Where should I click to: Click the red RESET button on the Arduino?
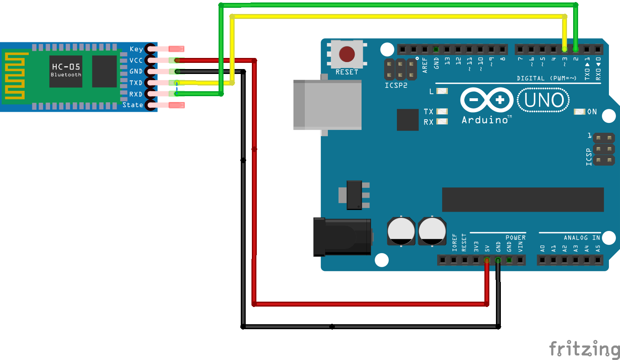(347, 54)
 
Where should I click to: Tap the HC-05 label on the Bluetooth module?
(66, 67)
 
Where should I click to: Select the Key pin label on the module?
(136, 49)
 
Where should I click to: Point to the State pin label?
(133, 105)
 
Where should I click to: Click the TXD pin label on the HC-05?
(136, 83)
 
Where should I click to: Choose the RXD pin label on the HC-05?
(136, 94)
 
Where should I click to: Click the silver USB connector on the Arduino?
(327, 105)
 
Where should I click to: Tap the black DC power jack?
(342, 237)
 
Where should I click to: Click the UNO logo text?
(544, 100)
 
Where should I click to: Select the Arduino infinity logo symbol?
(487, 100)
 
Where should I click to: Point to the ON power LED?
(579, 112)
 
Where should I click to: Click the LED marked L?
(442, 91)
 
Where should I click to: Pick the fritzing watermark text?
(584, 348)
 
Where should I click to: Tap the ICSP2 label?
(396, 85)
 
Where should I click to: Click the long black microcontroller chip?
(523, 199)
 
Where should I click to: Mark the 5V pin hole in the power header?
(487, 260)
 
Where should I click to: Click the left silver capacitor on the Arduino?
(401, 231)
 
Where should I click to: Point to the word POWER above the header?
(515, 238)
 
